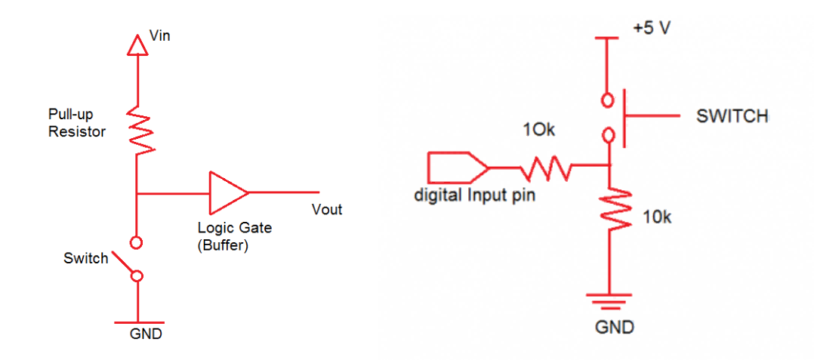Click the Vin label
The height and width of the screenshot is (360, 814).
160,35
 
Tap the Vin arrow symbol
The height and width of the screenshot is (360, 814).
137,46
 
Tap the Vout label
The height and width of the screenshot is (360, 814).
327,210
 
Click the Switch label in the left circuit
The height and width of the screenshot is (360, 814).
86,258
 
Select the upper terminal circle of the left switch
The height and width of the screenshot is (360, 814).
137,243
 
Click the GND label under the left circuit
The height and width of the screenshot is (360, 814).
146,333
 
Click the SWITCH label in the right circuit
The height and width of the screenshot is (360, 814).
732,116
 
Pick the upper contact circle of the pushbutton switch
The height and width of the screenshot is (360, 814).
609,98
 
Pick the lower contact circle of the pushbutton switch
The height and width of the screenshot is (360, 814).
609,136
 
